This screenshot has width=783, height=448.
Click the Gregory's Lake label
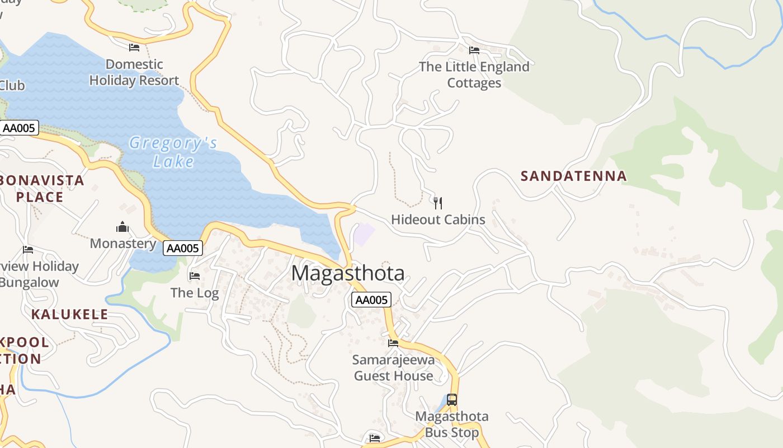[173, 152]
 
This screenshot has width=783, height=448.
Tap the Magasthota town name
[348, 273]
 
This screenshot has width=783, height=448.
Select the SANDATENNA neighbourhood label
[573, 176]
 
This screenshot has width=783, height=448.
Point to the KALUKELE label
[69, 314]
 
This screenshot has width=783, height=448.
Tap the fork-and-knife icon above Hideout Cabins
[438, 203]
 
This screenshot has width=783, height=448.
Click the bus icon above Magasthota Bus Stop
[451, 400]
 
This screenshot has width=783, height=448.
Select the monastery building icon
[122, 227]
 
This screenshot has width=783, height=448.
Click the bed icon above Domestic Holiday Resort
[134, 47]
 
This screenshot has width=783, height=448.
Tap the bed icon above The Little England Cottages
[474, 50]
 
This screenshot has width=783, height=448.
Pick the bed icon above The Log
[195, 276]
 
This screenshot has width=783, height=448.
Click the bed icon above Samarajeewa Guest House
[393, 343]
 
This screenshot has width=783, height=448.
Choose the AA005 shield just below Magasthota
[371, 300]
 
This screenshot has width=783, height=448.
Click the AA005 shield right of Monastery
[183, 248]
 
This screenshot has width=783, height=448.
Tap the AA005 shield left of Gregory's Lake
[18, 128]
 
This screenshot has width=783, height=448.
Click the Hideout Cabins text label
[438, 220]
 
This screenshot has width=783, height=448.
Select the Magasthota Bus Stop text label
[452, 424]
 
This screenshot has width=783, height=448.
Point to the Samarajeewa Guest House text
[393, 368]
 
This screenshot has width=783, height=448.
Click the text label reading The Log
[195, 292]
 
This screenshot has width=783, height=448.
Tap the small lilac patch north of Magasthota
[363, 234]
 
